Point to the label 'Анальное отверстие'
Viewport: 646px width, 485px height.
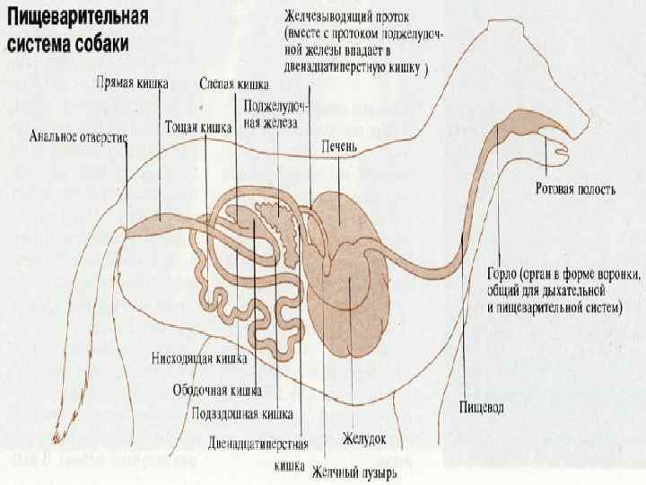coord(78,137)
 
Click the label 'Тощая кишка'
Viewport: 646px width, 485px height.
coord(198,127)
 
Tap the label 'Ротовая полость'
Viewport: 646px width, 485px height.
coord(575,190)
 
